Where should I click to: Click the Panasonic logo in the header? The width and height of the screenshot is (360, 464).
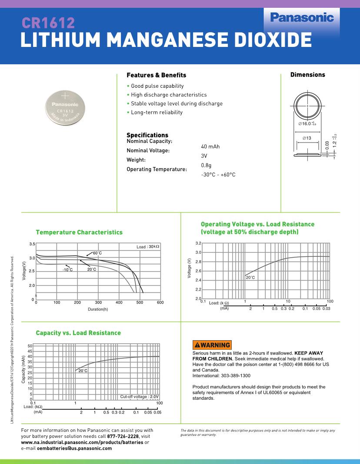click(302, 18)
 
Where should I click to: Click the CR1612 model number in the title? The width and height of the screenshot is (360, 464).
click(48, 23)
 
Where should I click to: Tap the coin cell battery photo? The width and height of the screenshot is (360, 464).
click(66, 108)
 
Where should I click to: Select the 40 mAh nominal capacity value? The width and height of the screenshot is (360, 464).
click(210, 146)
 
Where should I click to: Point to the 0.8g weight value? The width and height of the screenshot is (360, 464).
click(206, 165)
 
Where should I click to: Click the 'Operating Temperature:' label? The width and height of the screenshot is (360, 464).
click(157, 169)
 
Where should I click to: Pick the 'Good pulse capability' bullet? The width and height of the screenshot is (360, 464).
click(157, 86)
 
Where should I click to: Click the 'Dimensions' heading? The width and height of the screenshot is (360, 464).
click(307, 75)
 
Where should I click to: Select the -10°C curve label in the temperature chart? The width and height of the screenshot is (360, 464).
click(67, 270)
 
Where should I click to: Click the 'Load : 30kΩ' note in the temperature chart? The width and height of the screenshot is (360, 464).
click(148, 247)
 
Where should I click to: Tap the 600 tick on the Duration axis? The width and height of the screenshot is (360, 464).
click(160, 302)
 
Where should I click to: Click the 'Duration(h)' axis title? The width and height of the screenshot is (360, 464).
click(97, 309)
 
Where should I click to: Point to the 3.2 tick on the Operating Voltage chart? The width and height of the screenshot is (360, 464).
click(198, 243)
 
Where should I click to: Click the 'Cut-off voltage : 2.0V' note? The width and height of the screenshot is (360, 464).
click(139, 397)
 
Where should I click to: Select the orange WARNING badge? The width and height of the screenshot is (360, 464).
click(212, 345)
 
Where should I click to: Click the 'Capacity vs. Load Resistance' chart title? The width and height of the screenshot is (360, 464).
click(78, 333)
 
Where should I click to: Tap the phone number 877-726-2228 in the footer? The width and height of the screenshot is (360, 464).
click(123, 436)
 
